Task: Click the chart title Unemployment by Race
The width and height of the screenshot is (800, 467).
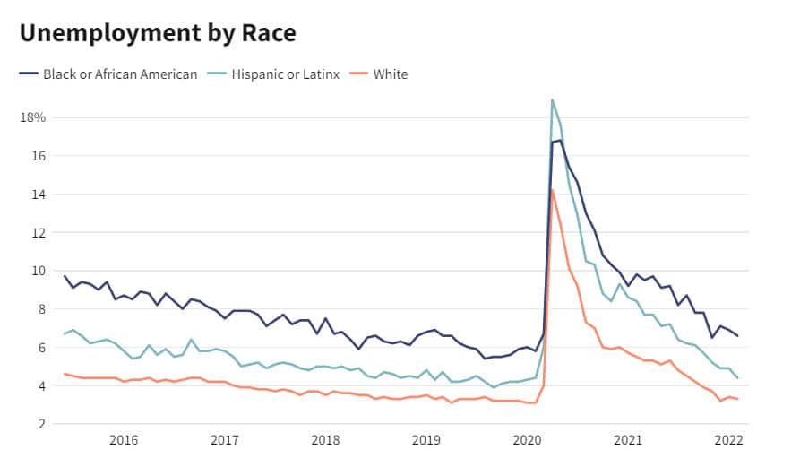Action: pyautogui.click(x=158, y=33)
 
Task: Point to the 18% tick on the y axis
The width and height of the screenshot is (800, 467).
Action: pyautogui.click(x=33, y=117)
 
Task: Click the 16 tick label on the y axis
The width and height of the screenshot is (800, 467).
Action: pyautogui.click(x=38, y=156)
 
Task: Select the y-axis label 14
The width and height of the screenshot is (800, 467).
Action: pyautogui.click(x=38, y=195)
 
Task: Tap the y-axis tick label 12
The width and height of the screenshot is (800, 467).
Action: pyautogui.click(x=38, y=232)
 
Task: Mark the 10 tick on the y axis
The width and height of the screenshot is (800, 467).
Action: pyautogui.click(x=38, y=271)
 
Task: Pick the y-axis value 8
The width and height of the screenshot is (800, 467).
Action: pyautogui.click(x=41, y=309)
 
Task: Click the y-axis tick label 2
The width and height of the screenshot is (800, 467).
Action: pyautogui.click(x=41, y=424)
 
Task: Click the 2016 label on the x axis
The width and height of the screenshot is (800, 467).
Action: pyautogui.click(x=123, y=440)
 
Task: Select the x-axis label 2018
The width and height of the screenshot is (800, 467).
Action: pyautogui.click(x=324, y=440)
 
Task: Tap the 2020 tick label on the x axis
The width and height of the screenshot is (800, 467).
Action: pyautogui.click(x=527, y=440)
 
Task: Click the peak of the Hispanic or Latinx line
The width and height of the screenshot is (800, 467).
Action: pyautogui.click(x=552, y=99)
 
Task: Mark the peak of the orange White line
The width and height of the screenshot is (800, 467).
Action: pyautogui.click(x=552, y=189)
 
